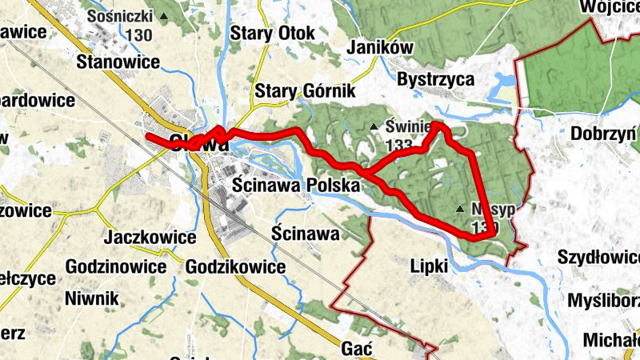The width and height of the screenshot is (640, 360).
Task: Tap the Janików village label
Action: (381, 48)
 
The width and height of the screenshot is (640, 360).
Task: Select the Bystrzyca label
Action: (436, 80)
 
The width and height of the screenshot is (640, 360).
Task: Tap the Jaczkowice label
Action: (150, 238)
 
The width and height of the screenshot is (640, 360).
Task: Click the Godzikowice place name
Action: (235, 266)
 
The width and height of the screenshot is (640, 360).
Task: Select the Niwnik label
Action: (92, 298)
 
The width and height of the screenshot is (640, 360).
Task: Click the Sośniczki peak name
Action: (121, 16)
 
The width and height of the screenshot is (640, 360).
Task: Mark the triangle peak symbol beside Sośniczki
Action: (165, 16)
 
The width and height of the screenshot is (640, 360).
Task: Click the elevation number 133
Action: (398, 145)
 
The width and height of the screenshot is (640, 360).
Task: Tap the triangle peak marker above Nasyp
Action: (460, 210)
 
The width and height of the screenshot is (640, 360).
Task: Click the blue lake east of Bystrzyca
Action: (504, 83)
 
